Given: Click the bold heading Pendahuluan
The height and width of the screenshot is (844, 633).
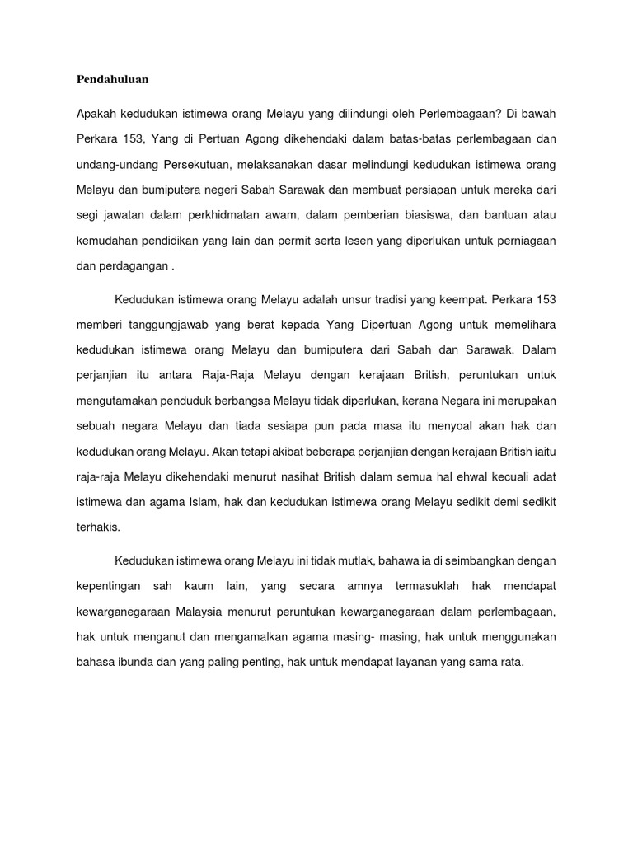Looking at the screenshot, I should [x=112, y=80].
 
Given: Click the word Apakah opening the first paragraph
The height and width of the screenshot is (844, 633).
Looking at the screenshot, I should [x=97, y=112].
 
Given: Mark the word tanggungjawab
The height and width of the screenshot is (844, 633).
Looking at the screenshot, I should [x=168, y=324].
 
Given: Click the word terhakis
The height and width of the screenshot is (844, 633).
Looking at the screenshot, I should [x=98, y=527].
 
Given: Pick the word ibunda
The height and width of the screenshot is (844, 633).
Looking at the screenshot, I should [x=131, y=661].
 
